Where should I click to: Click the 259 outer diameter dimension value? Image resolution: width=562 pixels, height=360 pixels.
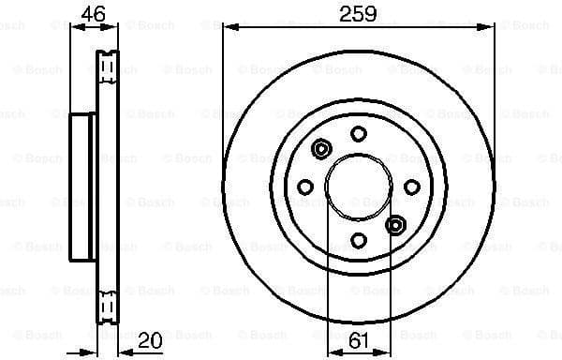[x=357, y=13]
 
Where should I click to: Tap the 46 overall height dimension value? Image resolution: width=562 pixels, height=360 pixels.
[x=91, y=13]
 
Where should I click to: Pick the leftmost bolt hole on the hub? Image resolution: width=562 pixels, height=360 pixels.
[x=304, y=187]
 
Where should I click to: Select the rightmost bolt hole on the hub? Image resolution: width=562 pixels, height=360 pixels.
[x=411, y=187]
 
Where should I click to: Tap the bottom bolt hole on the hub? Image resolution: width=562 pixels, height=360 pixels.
[x=358, y=241]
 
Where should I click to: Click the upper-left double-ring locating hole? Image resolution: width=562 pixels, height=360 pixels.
[x=321, y=149]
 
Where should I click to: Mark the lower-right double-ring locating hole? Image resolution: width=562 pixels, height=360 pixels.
[x=395, y=224]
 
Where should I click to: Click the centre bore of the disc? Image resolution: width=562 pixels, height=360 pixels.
[x=358, y=187]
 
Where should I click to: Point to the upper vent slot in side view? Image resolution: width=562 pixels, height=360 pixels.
[x=107, y=66]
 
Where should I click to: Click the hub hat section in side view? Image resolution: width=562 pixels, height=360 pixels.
[x=83, y=187]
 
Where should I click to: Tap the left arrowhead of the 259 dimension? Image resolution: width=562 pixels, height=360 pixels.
[x=228, y=27]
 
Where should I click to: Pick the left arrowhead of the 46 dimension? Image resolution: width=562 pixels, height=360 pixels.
[x=75, y=27]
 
